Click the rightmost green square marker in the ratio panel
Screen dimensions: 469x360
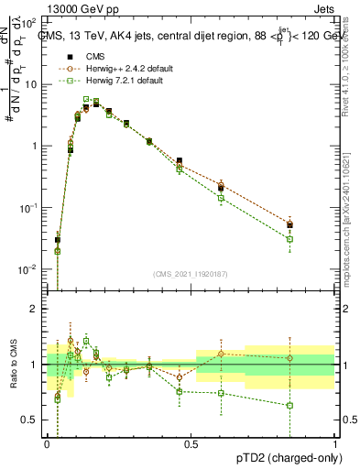click(x=290, y=405)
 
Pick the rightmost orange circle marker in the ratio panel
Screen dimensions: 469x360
click(x=290, y=358)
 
